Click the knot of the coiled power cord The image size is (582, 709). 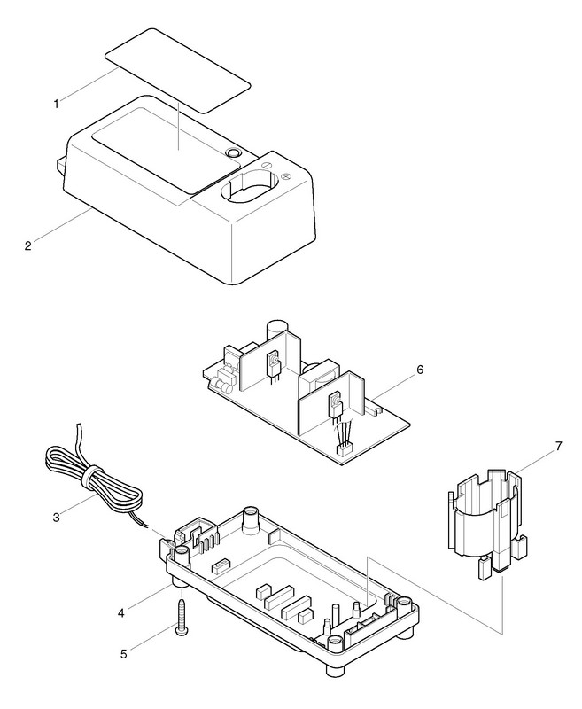(88, 479)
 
